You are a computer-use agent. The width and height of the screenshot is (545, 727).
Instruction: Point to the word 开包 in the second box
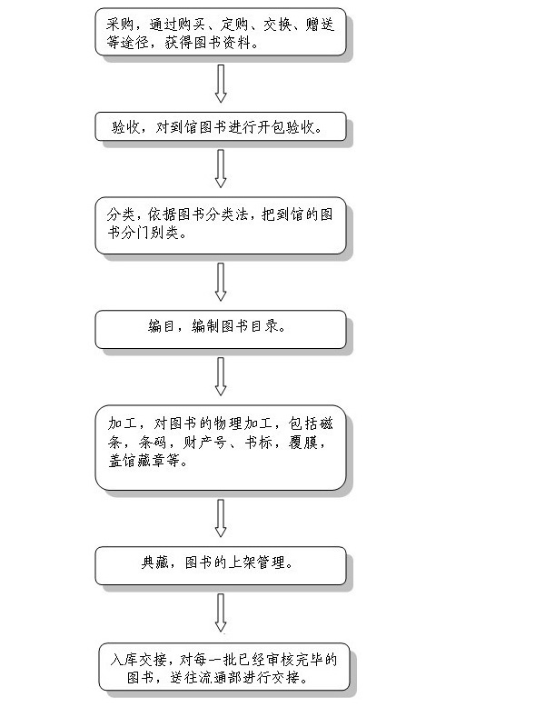coord(263,127)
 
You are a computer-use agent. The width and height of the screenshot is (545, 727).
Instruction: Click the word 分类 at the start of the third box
coord(120,215)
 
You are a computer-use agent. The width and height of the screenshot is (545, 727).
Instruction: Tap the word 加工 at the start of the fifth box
coord(120,423)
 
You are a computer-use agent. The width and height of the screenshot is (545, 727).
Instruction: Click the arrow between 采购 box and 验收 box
coord(220,83)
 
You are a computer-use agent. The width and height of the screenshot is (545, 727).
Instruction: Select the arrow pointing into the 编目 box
coord(220,281)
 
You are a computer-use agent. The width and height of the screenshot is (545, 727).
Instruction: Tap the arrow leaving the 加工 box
coord(220,517)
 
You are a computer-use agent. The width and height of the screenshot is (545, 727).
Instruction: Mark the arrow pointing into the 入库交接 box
coord(220,612)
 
